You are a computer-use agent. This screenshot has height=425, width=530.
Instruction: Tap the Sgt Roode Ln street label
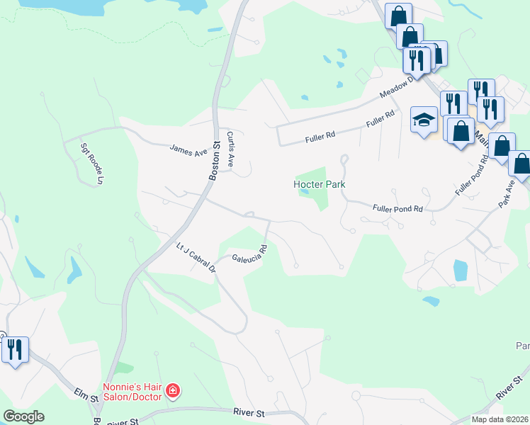coord(90,161)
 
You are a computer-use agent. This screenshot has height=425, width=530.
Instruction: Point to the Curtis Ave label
coord(230,148)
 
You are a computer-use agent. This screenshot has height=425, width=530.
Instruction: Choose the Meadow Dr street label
coord(397,89)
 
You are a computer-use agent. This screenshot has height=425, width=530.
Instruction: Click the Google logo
coord(23,416)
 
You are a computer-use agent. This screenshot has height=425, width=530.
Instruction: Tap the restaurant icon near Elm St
coord(14,349)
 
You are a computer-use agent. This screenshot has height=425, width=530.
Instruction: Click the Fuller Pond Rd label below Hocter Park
coord(397,208)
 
